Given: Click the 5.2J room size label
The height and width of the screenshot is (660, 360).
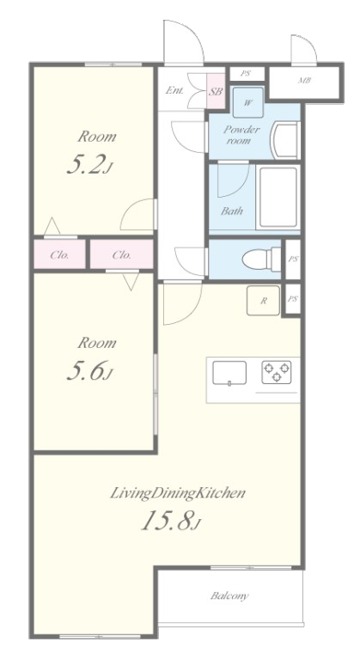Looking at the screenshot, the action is tap(90, 165).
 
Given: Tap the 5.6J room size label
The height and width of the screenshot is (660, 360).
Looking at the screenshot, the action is tap(90, 371).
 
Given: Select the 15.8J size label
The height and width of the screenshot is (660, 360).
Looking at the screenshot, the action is tap(171, 521).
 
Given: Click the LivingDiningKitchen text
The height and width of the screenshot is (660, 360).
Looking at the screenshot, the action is tap(178, 493).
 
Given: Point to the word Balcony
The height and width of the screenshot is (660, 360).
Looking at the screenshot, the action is tap(229, 596).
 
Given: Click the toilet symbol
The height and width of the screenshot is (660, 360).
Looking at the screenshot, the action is tap(261, 260).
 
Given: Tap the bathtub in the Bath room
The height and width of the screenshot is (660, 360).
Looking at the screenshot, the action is tap(278, 197).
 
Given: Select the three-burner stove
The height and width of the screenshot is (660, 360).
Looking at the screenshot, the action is tap(277, 372).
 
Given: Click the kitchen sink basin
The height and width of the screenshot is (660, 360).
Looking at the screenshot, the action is tap(229, 372).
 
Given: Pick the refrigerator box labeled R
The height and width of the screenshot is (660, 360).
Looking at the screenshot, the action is tap(263, 301).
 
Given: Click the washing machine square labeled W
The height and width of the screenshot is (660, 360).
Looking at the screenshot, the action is tap(248, 102).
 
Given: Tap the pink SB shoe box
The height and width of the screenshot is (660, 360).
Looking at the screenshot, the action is tap(216, 91).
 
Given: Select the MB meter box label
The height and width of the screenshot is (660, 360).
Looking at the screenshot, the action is tap(304, 81).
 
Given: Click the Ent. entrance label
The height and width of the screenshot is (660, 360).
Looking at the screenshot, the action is tap(174, 90).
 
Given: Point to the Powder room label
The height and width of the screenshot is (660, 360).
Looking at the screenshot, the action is tap(241, 135).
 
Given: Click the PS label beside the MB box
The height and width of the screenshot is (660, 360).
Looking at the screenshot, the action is tap(246, 73).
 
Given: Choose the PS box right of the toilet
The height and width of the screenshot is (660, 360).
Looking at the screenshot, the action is tap(293, 260).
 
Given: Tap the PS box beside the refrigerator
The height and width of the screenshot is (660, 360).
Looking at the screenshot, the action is tap(293, 299).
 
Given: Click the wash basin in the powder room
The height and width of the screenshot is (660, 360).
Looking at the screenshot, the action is tap(286, 140).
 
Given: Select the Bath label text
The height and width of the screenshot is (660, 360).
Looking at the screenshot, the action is tap(232, 211).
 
